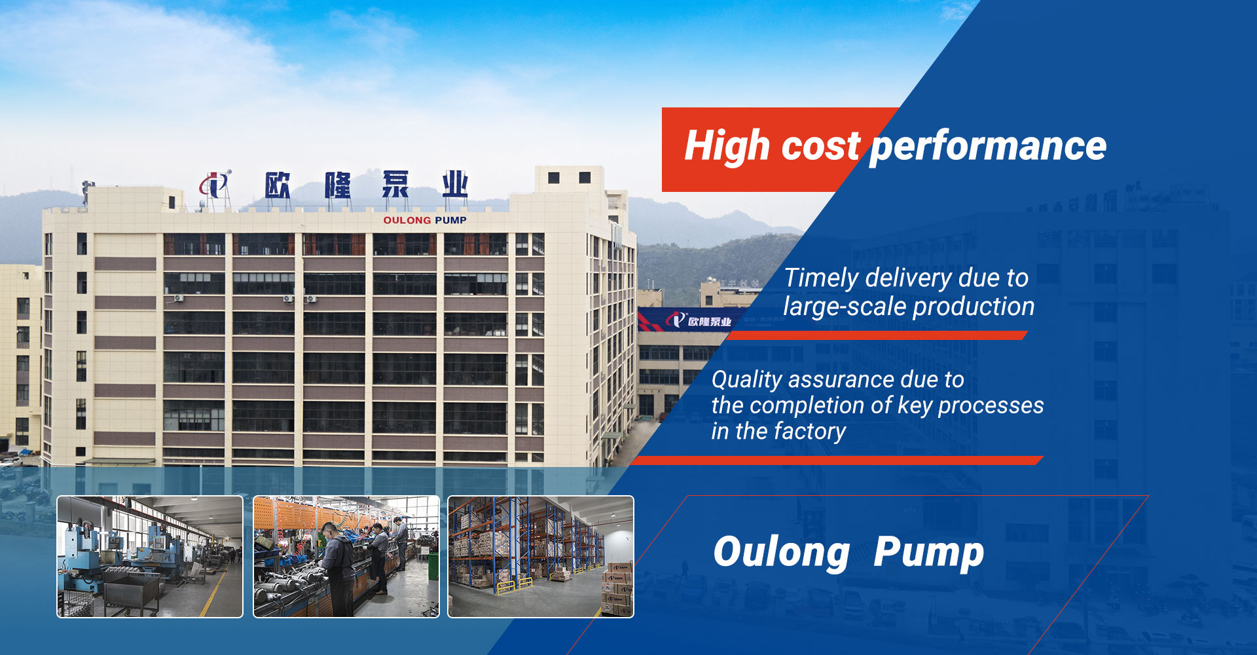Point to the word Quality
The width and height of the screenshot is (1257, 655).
pyautogui.click(x=746, y=380)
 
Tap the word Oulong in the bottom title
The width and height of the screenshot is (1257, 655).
pyautogui.click(x=780, y=552)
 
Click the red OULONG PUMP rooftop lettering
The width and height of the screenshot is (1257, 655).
pyautogui.click(x=425, y=220)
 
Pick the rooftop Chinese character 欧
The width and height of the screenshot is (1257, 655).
pyautogui.click(x=278, y=185)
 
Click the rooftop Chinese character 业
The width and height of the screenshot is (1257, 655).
pyautogui.click(x=455, y=184)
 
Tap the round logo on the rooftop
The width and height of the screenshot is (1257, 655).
pyautogui.click(x=215, y=184)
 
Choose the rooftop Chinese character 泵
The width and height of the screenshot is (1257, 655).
pyautogui.click(x=395, y=185)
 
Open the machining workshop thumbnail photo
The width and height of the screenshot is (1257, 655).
pyautogui.click(x=150, y=557)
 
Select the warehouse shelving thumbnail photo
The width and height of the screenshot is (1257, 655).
pyautogui.click(x=541, y=557)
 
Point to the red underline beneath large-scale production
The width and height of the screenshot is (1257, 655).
pyautogui.click(x=877, y=335)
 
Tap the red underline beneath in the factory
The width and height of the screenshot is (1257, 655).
pyautogui.click(x=838, y=460)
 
